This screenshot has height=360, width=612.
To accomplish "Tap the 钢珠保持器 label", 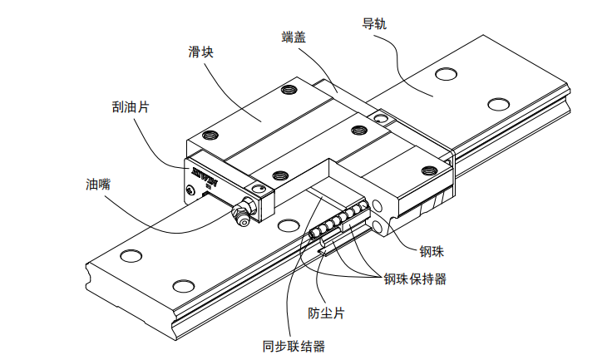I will [414, 279].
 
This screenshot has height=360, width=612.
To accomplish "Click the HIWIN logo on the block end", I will [203, 175].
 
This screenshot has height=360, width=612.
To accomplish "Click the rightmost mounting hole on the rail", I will [498, 104].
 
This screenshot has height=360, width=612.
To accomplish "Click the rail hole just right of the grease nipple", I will [289, 225].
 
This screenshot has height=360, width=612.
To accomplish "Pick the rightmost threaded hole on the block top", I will [430, 170].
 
